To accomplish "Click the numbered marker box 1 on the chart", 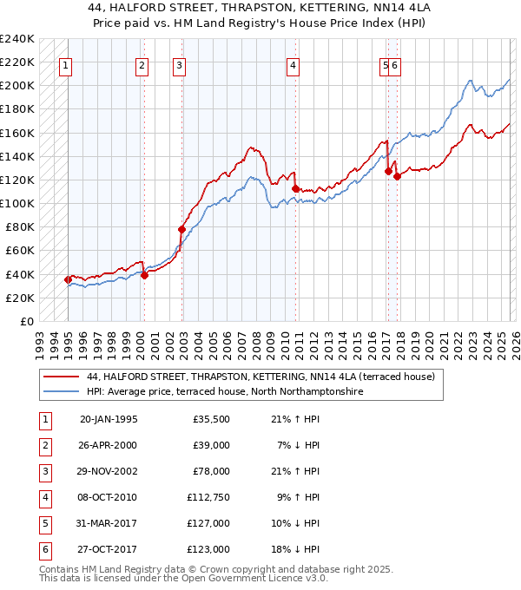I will coord(66,64).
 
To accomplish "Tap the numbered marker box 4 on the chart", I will coord(293,64).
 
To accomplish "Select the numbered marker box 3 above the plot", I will coord(179,64).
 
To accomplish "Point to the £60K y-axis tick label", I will coord(20,251).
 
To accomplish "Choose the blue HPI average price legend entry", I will coord(223,392).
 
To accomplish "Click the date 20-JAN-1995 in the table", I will coord(109,419).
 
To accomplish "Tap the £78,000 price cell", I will coord(210,471).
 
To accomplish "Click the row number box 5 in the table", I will coord(43,523).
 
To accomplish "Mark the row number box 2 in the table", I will coord(43,445).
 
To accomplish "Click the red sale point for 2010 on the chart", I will coord(295,188).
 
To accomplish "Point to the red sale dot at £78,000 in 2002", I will coord(181,230).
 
